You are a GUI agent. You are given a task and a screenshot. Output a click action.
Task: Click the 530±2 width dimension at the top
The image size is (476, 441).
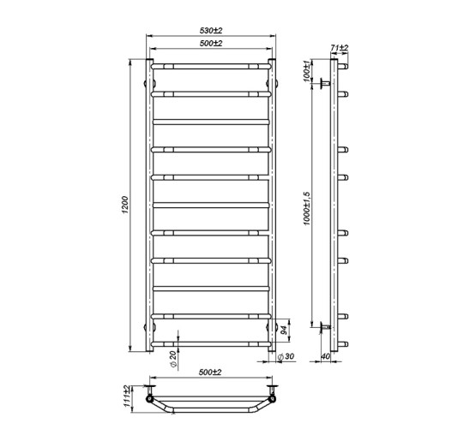(x=211, y=31)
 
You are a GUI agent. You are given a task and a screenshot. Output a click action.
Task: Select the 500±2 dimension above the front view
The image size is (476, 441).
(x=211, y=45)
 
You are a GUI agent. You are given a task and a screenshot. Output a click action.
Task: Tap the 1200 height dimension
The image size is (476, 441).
(x=125, y=205)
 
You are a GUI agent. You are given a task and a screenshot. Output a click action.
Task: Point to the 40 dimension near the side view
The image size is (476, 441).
(x=326, y=357)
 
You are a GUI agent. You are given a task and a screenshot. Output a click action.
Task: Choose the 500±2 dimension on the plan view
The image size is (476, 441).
(x=211, y=373)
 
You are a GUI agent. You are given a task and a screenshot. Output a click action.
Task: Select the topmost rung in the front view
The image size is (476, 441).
(x=211, y=65)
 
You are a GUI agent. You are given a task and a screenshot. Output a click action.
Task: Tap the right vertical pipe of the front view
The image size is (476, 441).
(x=274, y=206)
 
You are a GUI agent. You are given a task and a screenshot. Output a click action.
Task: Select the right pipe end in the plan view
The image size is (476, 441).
(x=273, y=399)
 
